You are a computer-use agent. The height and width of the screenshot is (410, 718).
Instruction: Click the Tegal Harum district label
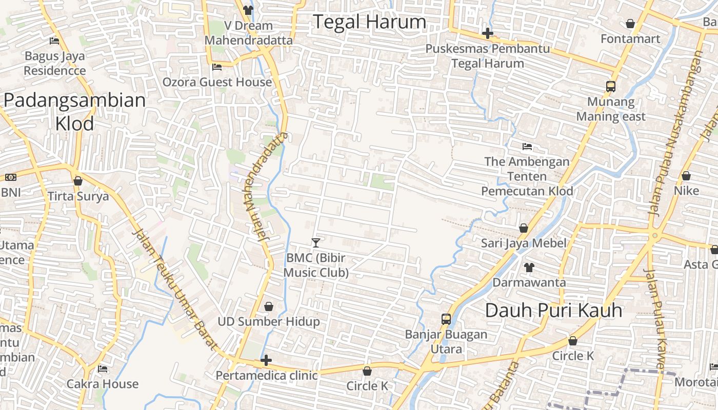[x=369, y=22]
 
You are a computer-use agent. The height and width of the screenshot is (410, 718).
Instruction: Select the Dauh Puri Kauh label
[x=553, y=310]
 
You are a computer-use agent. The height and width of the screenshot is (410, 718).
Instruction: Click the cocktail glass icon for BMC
[x=316, y=242]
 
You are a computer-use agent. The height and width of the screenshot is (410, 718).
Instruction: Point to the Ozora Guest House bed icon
[x=217, y=67]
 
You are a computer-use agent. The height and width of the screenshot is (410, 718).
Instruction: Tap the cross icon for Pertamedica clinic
[x=266, y=360]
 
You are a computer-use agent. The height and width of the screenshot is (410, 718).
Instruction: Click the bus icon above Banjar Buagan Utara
[x=446, y=319]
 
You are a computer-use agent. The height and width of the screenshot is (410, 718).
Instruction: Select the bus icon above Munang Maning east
[x=610, y=87]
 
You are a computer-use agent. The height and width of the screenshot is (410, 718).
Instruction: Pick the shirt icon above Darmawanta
[x=529, y=267]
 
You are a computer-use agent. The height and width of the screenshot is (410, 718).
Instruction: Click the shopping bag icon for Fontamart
[x=630, y=24]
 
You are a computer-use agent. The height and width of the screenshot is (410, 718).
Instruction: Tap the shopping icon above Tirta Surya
[x=78, y=181]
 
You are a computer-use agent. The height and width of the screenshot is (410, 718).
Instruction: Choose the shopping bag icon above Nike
[x=686, y=176]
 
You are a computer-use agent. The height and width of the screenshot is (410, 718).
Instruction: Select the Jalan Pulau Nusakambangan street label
[x=675, y=133]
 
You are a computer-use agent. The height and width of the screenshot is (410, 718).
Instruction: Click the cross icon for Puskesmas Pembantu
[x=487, y=34]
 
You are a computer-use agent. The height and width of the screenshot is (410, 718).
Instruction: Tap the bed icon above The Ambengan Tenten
[x=527, y=147]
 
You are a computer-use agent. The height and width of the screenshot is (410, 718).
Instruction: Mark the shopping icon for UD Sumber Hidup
[x=268, y=306]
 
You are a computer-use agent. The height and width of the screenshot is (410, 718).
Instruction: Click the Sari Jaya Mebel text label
[x=524, y=243]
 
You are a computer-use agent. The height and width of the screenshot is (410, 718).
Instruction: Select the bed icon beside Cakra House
[x=103, y=369]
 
